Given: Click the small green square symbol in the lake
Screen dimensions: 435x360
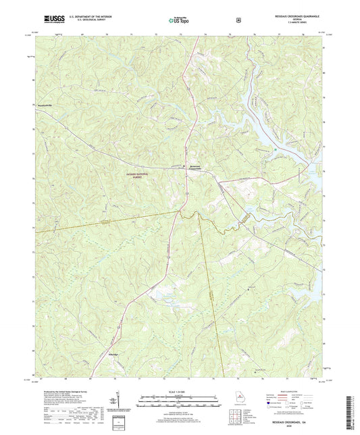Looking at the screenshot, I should point(276,150).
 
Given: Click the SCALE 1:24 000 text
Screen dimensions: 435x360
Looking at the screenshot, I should point(179,390).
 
